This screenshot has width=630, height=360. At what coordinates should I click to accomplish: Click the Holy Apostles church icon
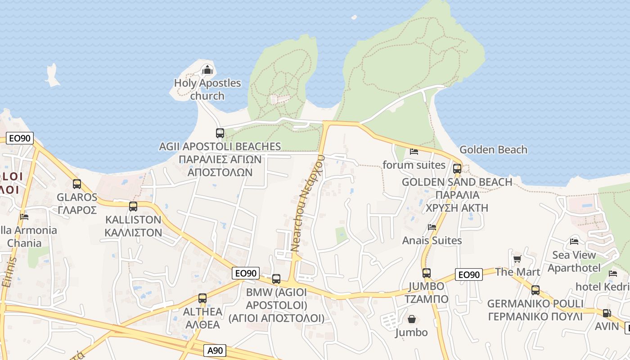pyautogui.click(x=207, y=70)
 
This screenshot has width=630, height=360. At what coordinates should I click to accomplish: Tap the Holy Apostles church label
pyautogui.click(x=207, y=89)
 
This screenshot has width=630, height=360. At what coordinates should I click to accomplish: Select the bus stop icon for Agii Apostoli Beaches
pyautogui.click(x=220, y=133)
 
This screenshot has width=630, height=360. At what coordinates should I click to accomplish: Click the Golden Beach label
pyautogui.click(x=493, y=149)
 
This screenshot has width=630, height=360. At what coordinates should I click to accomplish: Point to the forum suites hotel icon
pyautogui.click(x=414, y=152)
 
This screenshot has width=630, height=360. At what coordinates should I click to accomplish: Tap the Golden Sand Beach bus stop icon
pyautogui.click(x=457, y=169)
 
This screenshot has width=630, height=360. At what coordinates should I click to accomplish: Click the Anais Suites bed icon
pyautogui.click(x=432, y=227)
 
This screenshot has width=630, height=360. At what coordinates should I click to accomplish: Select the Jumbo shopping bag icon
pyautogui.click(x=411, y=319)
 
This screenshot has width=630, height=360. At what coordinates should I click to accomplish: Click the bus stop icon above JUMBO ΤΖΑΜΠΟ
pyautogui.click(x=426, y=273)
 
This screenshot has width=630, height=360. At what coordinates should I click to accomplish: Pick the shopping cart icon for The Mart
pyautogui.click(x=517, y=259)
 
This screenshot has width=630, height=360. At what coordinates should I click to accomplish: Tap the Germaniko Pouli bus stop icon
pyautogui.click(x=535, y=290)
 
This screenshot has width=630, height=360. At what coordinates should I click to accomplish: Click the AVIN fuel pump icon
pyautogui.click(x=607, y=313)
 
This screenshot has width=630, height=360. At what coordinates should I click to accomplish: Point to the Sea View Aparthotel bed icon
pyautogui.click(x=574, y=242)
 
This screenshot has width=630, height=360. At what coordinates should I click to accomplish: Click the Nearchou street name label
pyautogui.click(x=308, y=202)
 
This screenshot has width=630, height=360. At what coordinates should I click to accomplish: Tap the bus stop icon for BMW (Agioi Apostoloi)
pyautogui.click(x=276, y=279)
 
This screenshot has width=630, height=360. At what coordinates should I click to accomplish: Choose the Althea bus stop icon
pyautogui.click(x=202, y=298)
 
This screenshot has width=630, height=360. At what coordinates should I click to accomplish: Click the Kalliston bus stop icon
pyautogui.click(x=133, y=207)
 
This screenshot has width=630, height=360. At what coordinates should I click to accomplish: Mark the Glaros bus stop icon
pyautogui.click(x=77, y=184)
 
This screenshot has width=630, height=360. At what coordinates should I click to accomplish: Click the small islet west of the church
pyautogui.click(x=53, y=76)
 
